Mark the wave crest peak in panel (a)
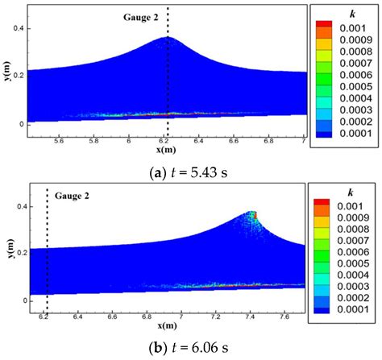168,37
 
